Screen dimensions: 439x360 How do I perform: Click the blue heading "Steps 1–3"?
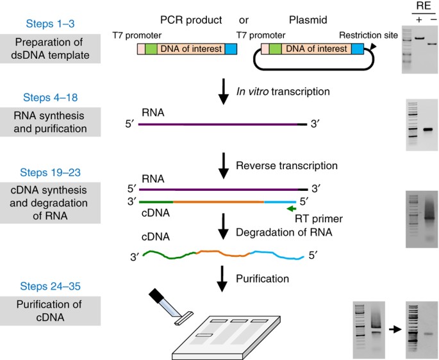click(51, 24)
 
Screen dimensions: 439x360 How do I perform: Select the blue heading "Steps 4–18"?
click(51, 97)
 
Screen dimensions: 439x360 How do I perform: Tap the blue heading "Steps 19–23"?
click(51, 172)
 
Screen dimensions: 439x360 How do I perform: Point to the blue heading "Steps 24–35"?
click(51, 286)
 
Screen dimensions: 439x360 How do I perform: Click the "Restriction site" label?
click(369, 35)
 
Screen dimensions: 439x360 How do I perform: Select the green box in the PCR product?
click(151, 49)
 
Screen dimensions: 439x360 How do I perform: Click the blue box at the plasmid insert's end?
click(358, 49)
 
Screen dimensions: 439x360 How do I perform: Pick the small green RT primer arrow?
click(292, 209)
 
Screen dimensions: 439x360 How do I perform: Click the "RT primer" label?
click(319, 218)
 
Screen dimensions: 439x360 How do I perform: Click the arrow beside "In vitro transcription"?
click(224, 92)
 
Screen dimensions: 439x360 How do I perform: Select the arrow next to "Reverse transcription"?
click(224, 166)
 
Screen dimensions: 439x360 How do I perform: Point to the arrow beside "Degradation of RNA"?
click(223, 227)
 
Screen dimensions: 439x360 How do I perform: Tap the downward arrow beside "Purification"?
click(222, 279)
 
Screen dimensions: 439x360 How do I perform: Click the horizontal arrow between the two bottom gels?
click(395, 329)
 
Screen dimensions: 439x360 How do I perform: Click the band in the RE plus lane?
click(420, 38)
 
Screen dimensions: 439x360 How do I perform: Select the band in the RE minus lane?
click(432, 44)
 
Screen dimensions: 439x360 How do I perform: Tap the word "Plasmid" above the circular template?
click(308, 20)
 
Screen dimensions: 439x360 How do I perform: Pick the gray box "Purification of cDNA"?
click(50, 311)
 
